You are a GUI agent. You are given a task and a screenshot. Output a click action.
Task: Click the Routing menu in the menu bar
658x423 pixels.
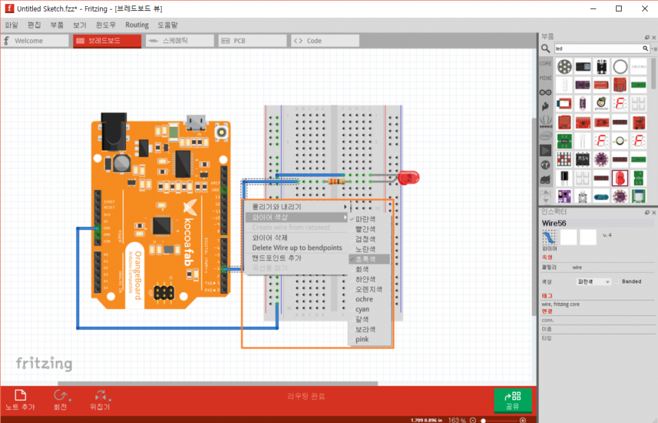click(136, 25)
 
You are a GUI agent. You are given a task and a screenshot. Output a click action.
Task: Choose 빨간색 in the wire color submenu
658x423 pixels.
click(365, 229)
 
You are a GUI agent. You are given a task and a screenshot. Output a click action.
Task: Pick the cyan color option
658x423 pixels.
click(363, 309)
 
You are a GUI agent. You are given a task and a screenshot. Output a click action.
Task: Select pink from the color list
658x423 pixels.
click(362, 339)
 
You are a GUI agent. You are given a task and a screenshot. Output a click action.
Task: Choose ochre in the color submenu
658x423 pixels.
click(364, 299)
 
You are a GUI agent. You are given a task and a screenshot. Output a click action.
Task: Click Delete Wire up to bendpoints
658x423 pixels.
click(297, 247)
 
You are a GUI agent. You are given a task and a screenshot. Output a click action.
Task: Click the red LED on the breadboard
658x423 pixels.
click(409, 178)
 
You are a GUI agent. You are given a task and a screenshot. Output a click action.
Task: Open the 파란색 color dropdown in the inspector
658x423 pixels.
click(594, 282)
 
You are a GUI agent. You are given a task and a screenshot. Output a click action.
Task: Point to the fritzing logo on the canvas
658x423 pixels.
click(44, 363)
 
